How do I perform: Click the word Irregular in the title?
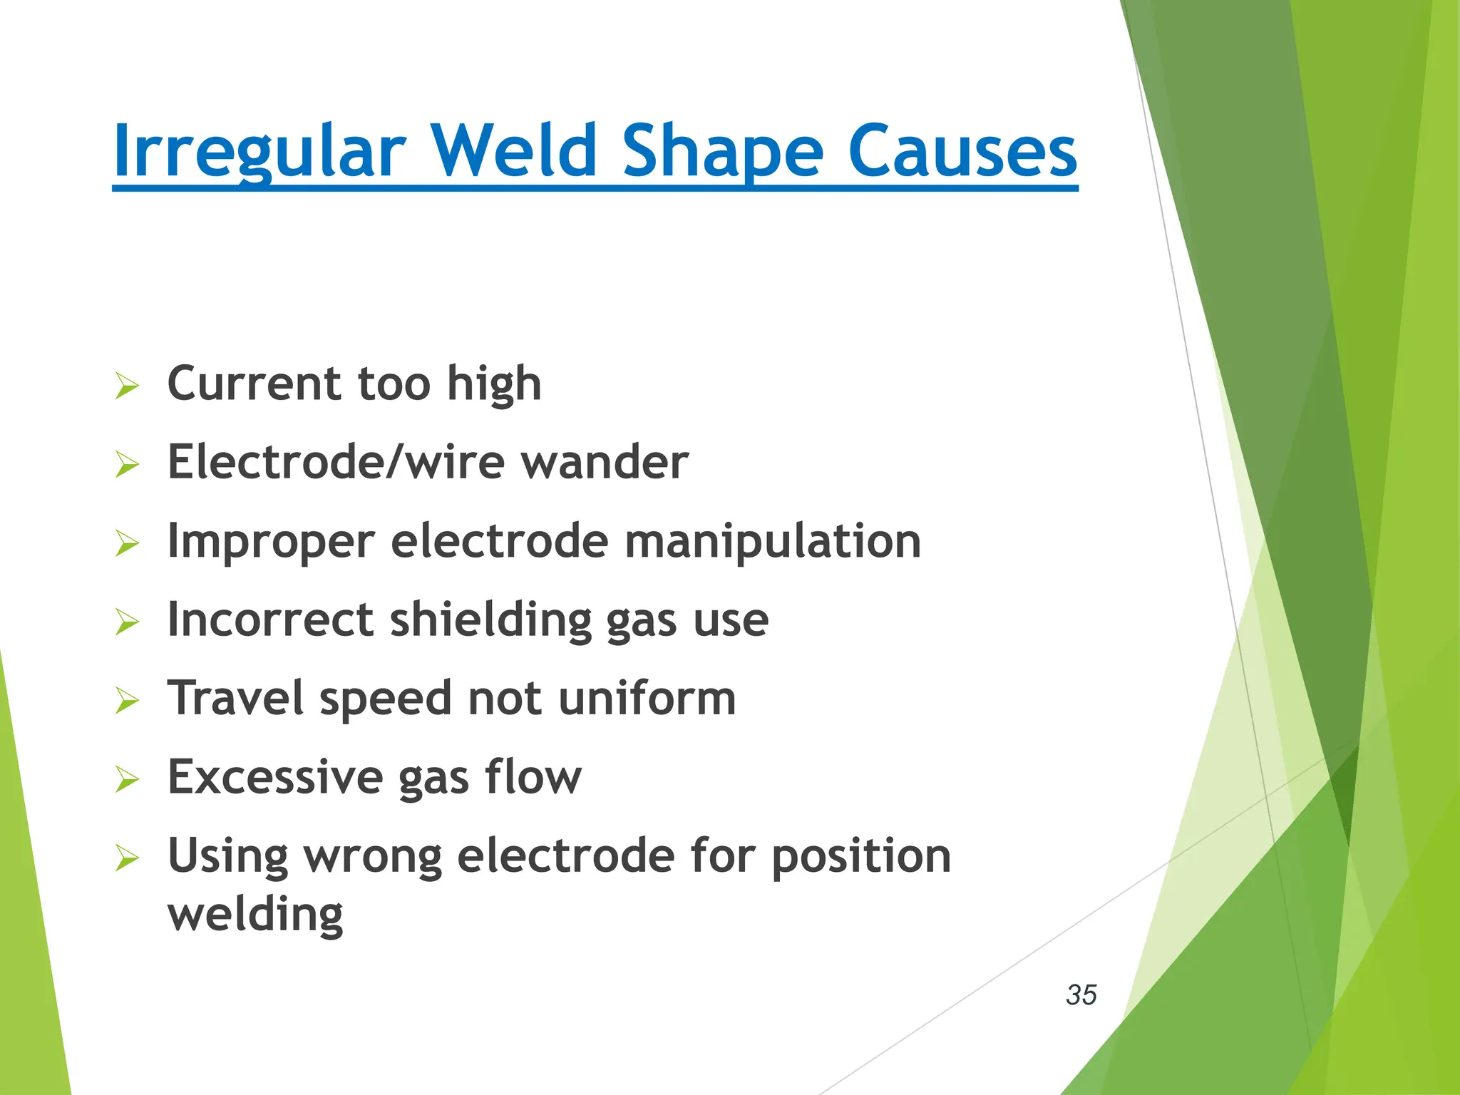pyautogui.click(x=259, y=151)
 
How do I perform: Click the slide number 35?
pyautogui.click(x=1081, y=994)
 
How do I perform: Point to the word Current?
pyautogui.click(x=255, y=384)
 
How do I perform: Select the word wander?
pyautogui.click(x=605, y=463)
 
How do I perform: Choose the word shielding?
pyautogui.click(x=490, y=620)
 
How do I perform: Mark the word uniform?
pyautogui.click(x=647, y=699)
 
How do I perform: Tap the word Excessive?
pyautogui.click(x=275, y=777)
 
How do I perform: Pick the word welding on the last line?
pyautogui.click(x=255, y=915)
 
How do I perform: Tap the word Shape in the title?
pyautogui.click(x=723, y=151)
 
